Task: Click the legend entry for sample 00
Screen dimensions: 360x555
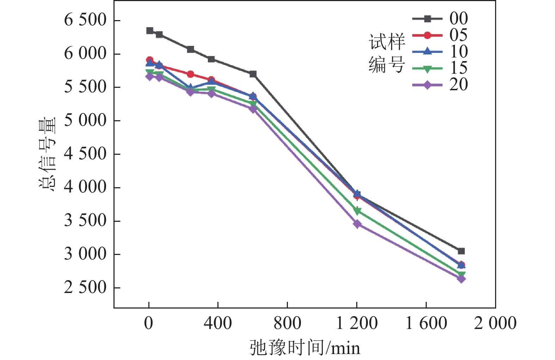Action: pos(440,19)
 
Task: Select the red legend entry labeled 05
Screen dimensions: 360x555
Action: pos(440,35)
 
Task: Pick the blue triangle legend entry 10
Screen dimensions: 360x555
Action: pos(440,52)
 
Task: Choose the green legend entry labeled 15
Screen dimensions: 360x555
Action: pos(440,68)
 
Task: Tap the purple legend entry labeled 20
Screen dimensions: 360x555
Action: pos(440,85)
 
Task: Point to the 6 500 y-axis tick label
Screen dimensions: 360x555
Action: pos(85,20)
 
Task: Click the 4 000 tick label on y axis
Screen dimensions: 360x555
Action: pos(85,187)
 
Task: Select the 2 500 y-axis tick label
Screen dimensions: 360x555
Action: pos(85,288)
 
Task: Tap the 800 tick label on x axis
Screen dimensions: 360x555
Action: pos(287,323)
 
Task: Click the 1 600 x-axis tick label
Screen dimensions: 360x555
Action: pos(426,323)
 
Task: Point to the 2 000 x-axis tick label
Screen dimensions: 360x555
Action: pos(495,323)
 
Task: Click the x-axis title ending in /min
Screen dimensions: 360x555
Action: pos(305,348)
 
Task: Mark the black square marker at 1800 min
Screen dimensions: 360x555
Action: pos(461,251)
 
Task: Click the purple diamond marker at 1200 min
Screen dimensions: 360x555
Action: pos(357,224)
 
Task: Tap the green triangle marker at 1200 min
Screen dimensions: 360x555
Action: pos(357,211)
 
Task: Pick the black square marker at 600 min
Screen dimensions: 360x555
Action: pos(253,74)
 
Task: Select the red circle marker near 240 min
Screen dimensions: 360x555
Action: pos(191,74)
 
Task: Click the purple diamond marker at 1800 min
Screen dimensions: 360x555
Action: pos(461,279)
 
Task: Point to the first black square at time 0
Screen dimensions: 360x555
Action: pos(150,31)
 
